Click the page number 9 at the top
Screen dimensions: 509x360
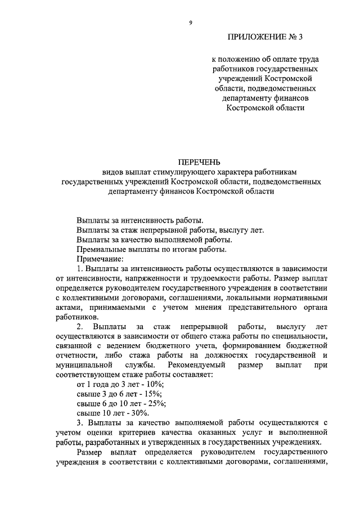[x=191, y=22]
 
